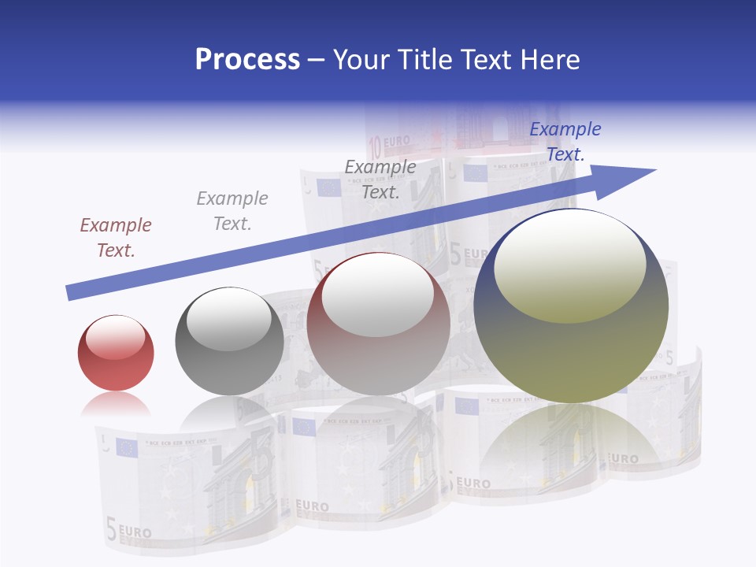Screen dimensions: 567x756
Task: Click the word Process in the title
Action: (x=247, y=60)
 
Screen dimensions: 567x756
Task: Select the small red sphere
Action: (x=116, y=353)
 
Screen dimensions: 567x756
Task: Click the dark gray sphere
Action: (x=229, y=341)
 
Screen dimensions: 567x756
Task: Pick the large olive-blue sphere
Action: (x=571, y=306)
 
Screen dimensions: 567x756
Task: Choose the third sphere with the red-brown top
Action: (x=378, y=324)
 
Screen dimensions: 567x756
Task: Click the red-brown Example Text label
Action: (x=116, y=238)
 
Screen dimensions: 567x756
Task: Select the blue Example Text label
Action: (x=565, y=142)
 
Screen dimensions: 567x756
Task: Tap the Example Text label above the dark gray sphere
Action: (x=232, y=211)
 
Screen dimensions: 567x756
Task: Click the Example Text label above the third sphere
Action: (x=380, y=180)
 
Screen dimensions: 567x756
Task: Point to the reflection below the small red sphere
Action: (x=116, y=405)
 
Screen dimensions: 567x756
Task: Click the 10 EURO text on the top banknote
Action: (x=391, y=143)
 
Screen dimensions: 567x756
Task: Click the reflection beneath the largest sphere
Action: (x=571, y=441)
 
